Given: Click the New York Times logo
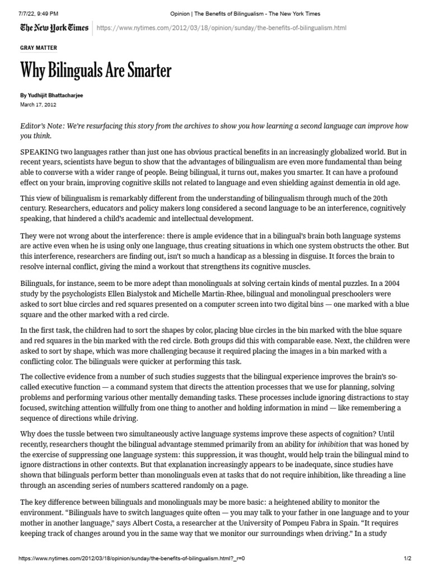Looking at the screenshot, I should [54, 28].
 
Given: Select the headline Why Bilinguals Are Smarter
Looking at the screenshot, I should [96, 71].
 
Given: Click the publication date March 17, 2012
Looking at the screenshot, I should [38, 105].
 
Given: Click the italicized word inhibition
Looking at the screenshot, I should [333, 445].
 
